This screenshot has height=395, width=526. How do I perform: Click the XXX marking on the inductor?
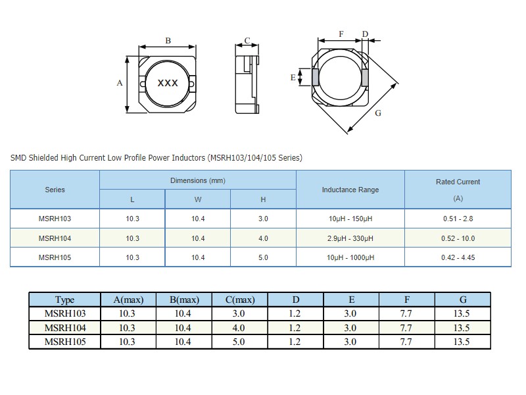168,83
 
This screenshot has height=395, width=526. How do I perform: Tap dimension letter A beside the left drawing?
120,83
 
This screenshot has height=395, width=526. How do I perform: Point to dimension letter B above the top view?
168,41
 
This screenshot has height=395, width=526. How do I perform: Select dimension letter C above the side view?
247,41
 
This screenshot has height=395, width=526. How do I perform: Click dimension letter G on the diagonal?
378,113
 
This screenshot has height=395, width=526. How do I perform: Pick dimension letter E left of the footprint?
293,78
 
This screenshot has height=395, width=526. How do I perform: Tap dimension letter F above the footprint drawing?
341,34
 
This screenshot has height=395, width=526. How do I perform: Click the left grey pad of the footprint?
316,77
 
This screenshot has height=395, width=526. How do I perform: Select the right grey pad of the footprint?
365,78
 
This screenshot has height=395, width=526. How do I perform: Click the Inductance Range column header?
350,190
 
